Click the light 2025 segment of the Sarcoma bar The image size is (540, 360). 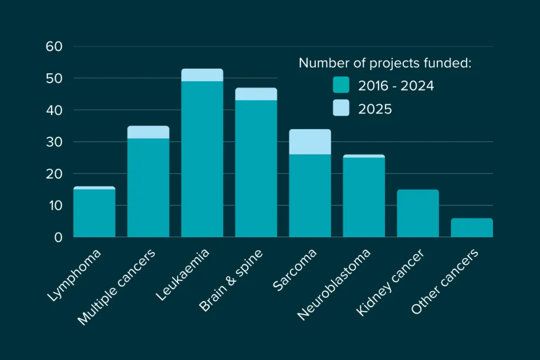(x=310, y=142)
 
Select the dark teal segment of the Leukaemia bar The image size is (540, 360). (x=202, y=159)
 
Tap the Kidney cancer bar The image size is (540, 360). (x=418, y=213)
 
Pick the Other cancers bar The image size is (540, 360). (x=472, y=228)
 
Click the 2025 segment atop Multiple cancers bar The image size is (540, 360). (x=148, y=132)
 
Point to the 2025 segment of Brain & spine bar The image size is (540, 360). (x=256, y=94)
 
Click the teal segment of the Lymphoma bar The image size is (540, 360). (x=94, y=213)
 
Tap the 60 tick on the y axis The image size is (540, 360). (x=55, y=46)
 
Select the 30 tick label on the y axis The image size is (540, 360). (x=55, y=142)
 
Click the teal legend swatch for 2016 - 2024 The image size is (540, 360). (x=341, y=85)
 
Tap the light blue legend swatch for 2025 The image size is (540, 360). (x=341, y=108)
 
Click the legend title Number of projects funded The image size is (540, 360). (x=385, y=63)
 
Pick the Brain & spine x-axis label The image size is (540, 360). (x=232, y=280)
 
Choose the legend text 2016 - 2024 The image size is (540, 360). (x=396, y=86)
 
